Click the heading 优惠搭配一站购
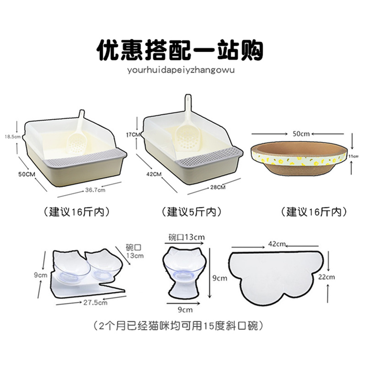click(x=179, y=49)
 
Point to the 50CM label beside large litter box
click(x=26, y=175)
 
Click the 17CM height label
click(x=134, y=134)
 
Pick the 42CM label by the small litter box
click(x=154, y=174)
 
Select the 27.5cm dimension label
click(x=96, y=302)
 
